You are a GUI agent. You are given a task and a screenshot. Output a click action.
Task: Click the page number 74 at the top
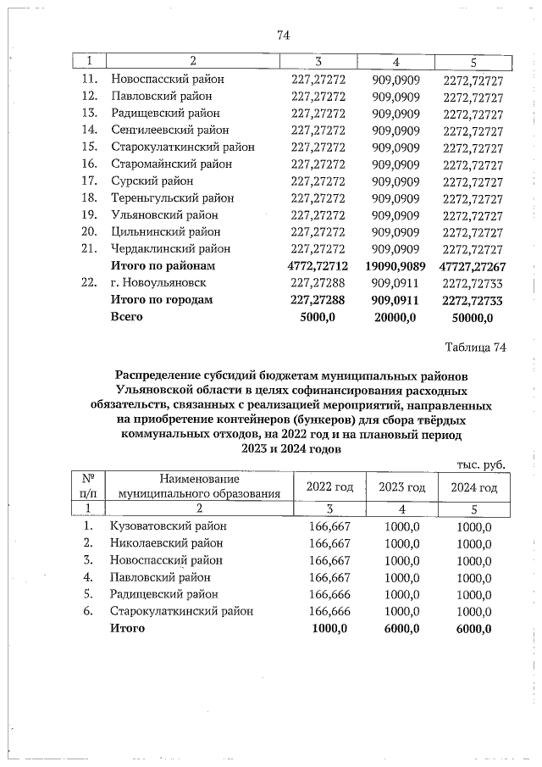pos(284,35)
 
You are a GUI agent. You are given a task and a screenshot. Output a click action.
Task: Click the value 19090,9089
pos(395,265)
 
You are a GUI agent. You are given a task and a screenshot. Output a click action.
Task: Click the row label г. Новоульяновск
pos(158,282)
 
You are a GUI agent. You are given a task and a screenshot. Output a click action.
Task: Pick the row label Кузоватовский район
pos(169,525)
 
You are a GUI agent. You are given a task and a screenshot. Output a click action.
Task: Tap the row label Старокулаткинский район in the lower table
pos(181,610)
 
